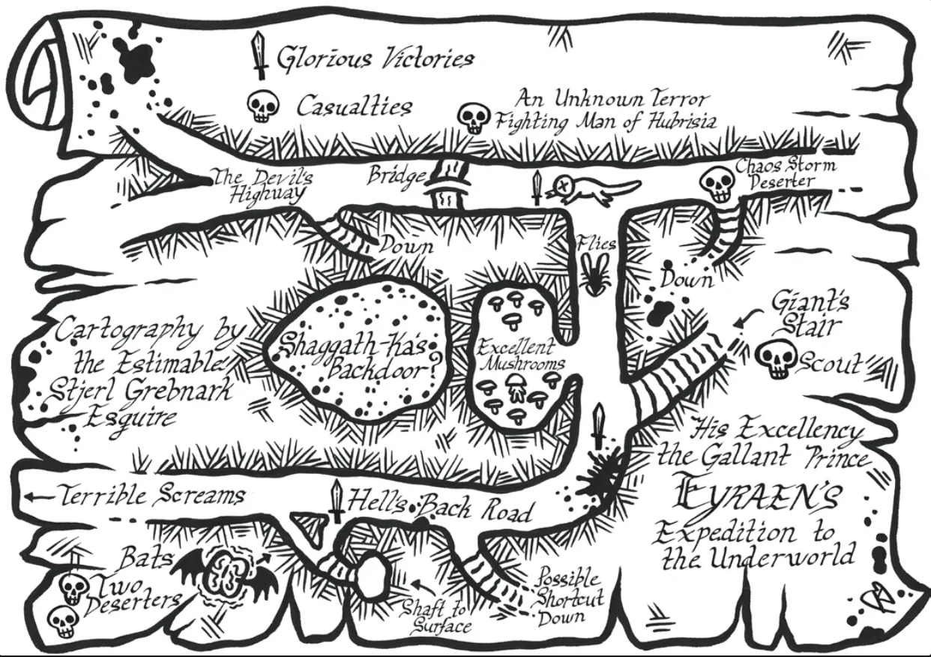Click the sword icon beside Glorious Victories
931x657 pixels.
[x=259, y=55]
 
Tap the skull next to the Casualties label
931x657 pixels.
[x=262, y=106]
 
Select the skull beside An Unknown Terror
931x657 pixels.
[x=474, y=118]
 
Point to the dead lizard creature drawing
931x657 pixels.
[x=592, y=189]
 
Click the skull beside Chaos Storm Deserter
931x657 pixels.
[x=717, y=184]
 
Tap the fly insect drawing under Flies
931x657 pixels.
[x=596, y=274]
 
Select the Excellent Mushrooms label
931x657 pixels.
[x=520, y=355]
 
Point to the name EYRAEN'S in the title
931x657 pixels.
[x=754, y=498]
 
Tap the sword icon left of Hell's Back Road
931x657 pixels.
[x=337, y=501]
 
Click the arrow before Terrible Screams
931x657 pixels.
[x=39, y=496]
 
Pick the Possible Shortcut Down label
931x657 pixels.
[x=570, y=596]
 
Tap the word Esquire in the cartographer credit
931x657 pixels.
[x=131, y=418]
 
